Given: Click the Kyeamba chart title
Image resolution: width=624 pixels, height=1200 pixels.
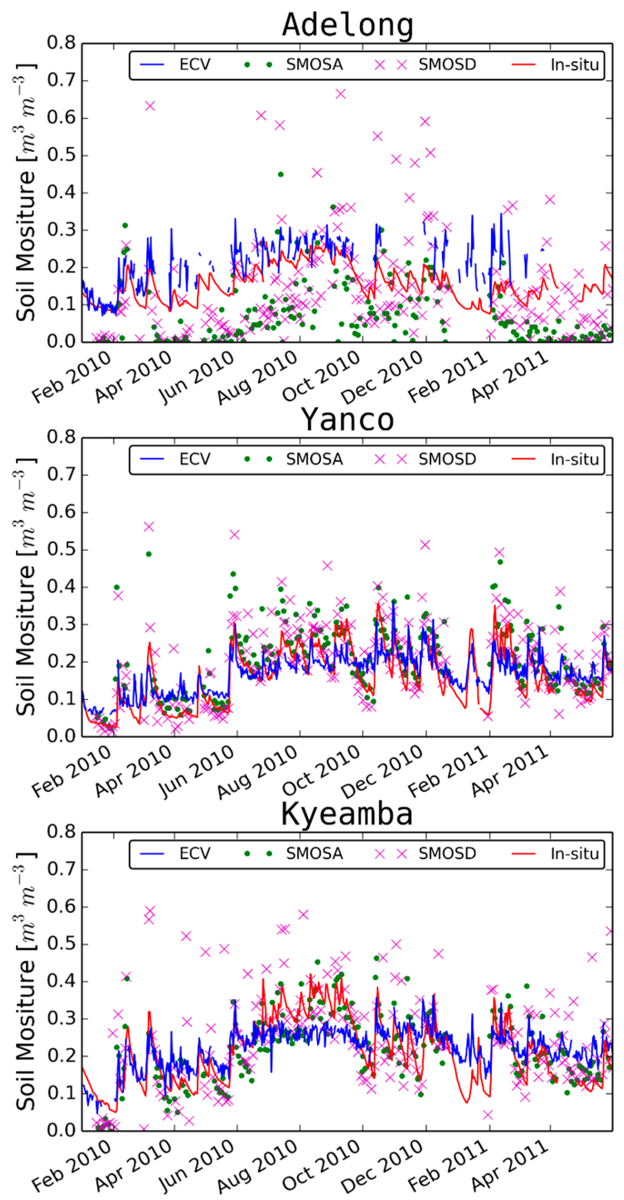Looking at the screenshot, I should (347, 814).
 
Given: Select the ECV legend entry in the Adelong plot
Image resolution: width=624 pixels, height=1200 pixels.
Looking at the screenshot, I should (195, 64).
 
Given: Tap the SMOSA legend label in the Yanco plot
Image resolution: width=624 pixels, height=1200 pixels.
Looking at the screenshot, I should (314, 459).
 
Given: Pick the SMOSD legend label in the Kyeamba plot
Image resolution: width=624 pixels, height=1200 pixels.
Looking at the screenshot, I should (447, 853).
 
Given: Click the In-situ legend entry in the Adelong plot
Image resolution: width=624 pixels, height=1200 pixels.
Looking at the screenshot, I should (574, 64).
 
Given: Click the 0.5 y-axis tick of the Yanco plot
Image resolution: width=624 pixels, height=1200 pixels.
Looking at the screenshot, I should (61, 549).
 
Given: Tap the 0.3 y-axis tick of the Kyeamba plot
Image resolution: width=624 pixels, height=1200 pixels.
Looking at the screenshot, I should (61, 1018).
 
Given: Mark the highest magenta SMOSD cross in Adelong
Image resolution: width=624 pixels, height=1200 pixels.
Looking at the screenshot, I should (341, 94).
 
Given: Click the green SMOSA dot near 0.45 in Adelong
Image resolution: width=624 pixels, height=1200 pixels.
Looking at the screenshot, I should (281, 174).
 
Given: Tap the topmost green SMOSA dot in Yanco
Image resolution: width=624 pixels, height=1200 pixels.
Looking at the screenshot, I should (149, 554).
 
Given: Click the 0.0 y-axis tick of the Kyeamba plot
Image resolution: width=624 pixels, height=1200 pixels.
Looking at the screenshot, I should (61, 1131).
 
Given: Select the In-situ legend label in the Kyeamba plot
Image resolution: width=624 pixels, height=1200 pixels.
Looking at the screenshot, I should (574, 853).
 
